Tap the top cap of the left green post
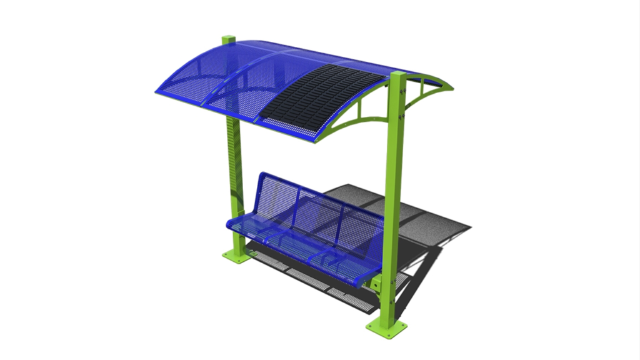(228, 39)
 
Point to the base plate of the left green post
(238, 255)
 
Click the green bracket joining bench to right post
(376, 283)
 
